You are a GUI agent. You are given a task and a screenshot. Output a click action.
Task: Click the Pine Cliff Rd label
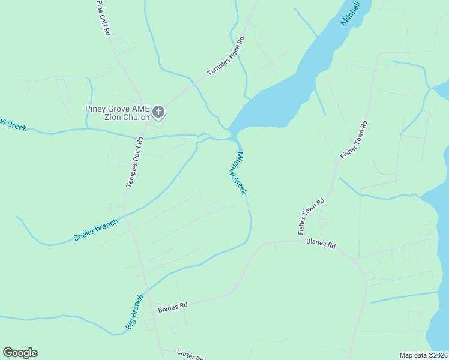[104, 18]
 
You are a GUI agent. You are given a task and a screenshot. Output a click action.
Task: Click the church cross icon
[158, 111]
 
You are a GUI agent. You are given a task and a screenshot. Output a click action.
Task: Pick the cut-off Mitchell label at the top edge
[351, 13]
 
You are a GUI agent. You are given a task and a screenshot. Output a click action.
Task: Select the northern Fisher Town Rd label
[354, 139]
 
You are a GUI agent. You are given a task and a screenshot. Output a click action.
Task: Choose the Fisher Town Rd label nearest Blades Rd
[310, 217]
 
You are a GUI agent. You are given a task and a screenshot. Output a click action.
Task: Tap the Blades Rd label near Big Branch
[173, 308]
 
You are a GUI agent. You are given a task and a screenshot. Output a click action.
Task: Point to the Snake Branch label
[96, 229]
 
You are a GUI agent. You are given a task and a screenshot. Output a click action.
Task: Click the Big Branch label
[135, 311]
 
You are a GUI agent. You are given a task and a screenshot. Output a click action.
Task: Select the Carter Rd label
[191, 355]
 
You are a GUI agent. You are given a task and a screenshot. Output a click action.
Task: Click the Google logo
[20, 353]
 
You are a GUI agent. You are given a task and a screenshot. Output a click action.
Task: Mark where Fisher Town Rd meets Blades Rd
[300, 241]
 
